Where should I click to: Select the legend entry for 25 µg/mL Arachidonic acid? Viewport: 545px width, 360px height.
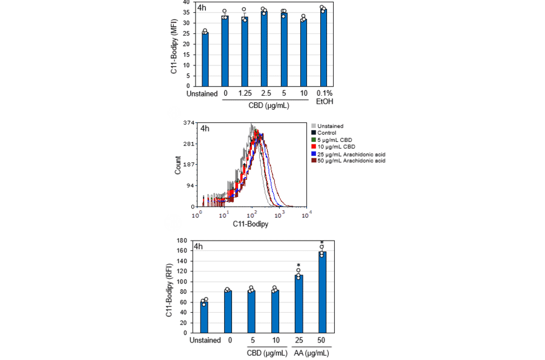coord(348,154)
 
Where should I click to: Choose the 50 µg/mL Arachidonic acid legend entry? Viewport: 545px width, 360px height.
coord(348,161)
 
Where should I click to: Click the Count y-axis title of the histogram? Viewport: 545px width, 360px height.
coord(178,164)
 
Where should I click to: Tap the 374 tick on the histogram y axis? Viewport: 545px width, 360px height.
coord(188,123)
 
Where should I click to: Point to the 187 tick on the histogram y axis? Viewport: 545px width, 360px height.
coord(188,164)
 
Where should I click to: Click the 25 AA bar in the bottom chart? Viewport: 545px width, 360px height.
coord(299,304)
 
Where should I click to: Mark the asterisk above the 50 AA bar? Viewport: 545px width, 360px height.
coord(322,242)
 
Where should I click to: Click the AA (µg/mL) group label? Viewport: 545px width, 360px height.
coord(310,352)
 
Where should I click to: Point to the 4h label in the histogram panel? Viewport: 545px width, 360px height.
coord(205,128)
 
